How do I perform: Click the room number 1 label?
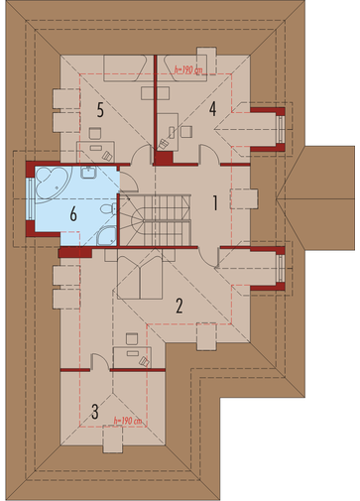click(x=215, y=203)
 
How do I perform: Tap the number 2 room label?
click(x=180, y=306)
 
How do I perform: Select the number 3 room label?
click(x=95, y=412)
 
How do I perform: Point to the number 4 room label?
click(x=212, y=109)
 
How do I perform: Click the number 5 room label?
click(x=100, y=110)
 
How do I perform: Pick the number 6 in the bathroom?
click(x=73, y=214)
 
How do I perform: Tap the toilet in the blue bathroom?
click(x=108, y=209)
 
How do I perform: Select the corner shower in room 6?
click(x=106, y=236)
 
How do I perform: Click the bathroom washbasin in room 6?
click(x=88, y=172)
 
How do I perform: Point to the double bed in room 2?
click(x=140, y=274)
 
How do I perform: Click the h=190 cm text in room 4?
click(x=188, y=69)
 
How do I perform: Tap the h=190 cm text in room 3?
click(x=127, y=421)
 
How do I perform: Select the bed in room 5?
click(x=125, y=68)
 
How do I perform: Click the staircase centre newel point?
click(x=144, y=220)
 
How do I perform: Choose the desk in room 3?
click(x=132, y=357)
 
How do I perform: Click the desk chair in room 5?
click(x=95, y=133)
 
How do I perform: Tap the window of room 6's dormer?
click(x=31, y=198)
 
